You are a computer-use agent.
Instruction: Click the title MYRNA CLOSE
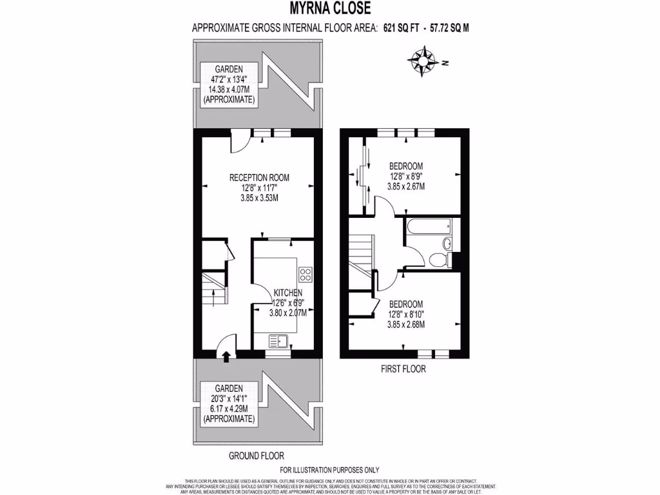click(x=329, y=8)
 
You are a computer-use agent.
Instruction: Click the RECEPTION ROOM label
click(x=259, y=178)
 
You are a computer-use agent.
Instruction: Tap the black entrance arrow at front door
click(x=226, y=354)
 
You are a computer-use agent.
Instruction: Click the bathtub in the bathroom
click(x=429, y=228)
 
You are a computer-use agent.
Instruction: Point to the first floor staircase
click(x=361, y=255)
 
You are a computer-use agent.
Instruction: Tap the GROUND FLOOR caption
click(x=256, y=456)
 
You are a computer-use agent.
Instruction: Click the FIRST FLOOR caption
click(x=403, y=369)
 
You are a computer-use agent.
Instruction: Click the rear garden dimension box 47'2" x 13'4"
click(x=229, y=85)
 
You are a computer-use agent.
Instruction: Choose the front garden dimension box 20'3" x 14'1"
click(x=229, y=404)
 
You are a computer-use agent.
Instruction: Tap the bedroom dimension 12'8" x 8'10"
click(x=405, y=315)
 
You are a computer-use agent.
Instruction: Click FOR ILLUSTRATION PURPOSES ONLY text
click(x=329, y=470)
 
